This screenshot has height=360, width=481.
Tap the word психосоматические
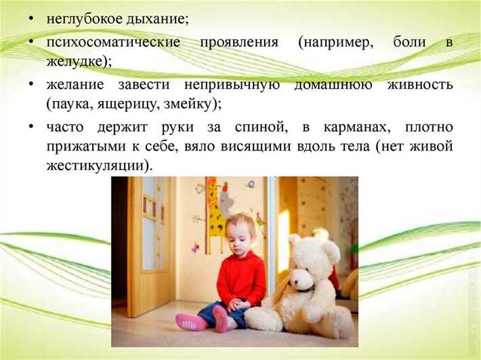113,42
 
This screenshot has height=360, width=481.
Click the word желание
76,85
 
